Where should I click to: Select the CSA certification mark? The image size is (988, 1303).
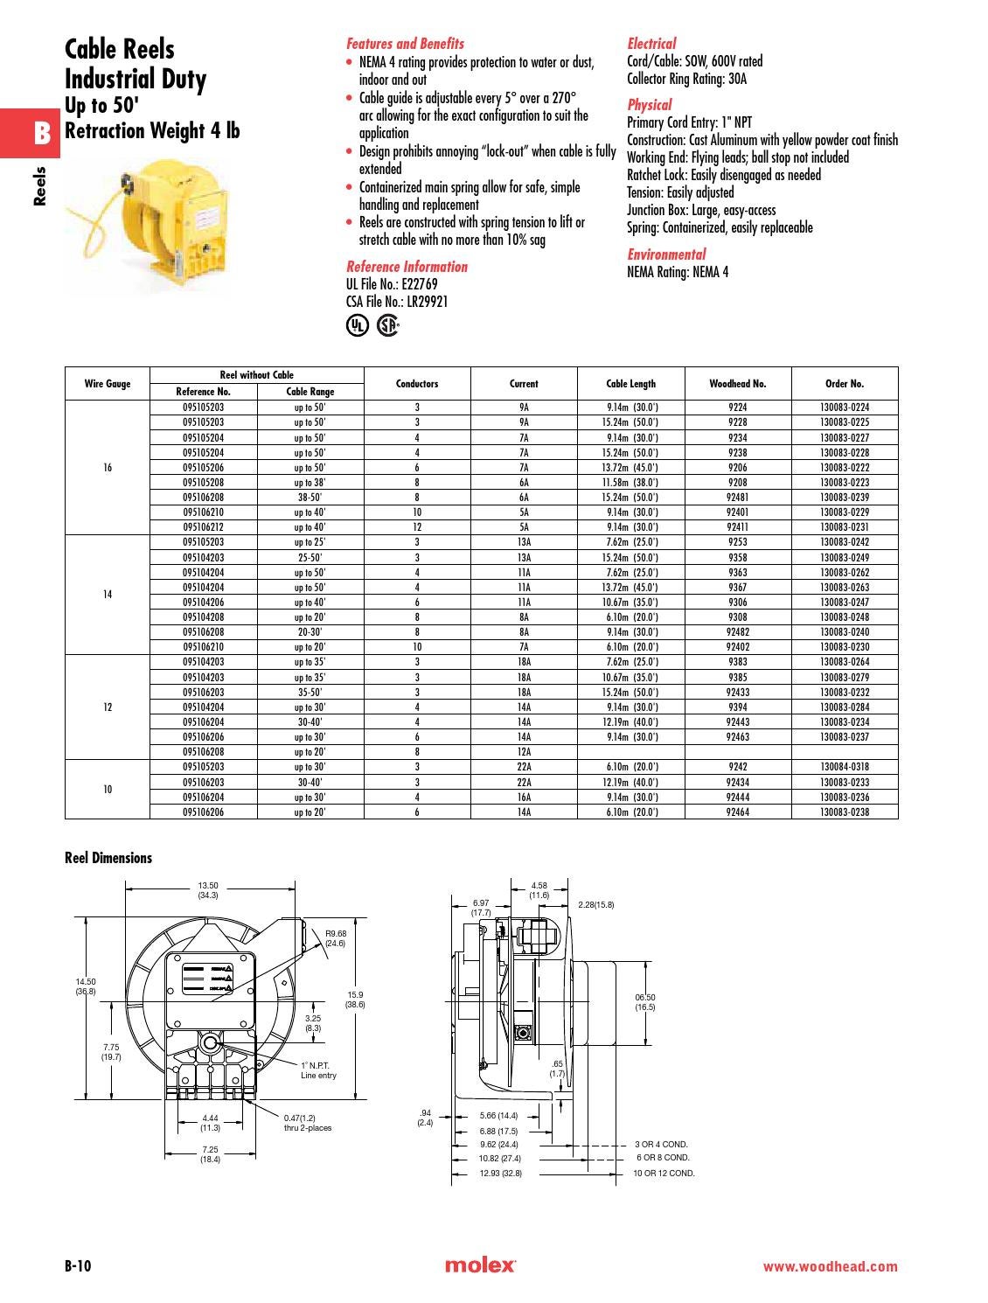[x=387, y=325]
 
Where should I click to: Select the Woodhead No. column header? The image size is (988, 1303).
[x=737, y=384]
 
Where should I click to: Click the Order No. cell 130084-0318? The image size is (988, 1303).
[x=845, y=767]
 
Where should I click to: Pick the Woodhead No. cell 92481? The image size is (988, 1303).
[x=737, y=498]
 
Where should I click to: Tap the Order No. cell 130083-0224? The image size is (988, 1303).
[x=845, y=408]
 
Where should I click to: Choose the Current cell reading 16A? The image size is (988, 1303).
[x=524, y=798]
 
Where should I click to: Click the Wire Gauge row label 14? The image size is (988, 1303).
[x=108, y=595]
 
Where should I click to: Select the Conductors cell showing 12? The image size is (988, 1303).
[x=417, y=527]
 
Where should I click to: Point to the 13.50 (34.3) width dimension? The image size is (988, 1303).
[x=208, y=889]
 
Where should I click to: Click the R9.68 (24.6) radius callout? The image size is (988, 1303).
[x=336, y=938]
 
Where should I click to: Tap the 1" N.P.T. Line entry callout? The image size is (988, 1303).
[x=318, y=1070]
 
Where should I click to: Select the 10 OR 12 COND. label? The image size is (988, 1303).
[x=664, y=1173]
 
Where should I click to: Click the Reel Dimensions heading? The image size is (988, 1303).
[x=108, y=858]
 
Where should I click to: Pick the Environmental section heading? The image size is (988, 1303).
[x=666, y=254]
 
